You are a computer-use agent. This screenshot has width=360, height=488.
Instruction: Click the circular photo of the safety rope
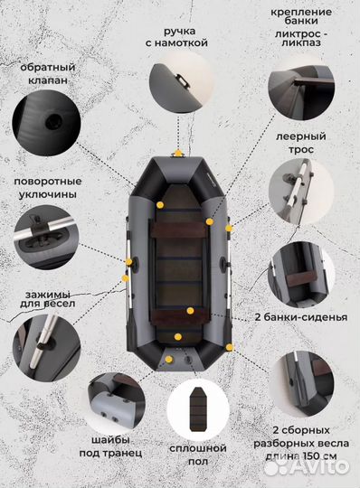tap(302, 191)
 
